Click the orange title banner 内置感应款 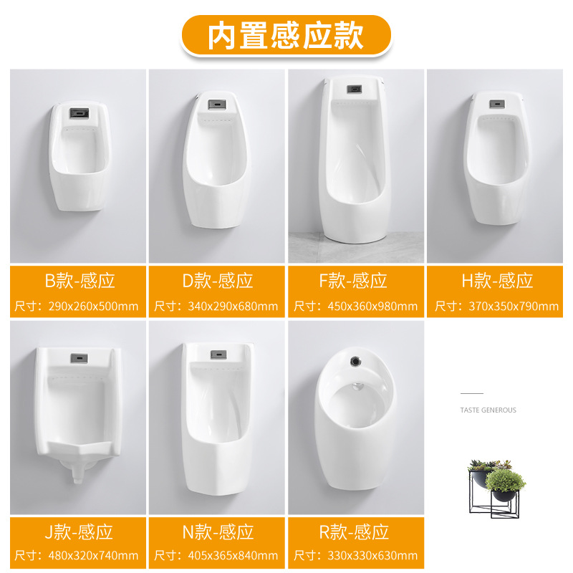[x=286, y=35]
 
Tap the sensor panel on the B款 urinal [x=80, y=113]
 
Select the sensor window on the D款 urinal [x=217, y=105]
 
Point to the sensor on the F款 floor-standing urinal [x=354, y=89]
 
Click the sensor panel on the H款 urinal [x=497, y=104]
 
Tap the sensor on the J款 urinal [x=79, y=358]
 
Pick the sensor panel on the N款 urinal [x=218, y=354]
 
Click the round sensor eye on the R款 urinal [x=355, y=362]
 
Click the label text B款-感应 [x=80, y=281]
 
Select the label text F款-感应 [x=353, y=281]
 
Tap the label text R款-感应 [x=354, y=531]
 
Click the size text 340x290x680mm [x=233, y=307]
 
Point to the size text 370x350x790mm [x=514, y=307]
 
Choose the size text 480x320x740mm [x=93, y=556]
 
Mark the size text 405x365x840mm [x=233, y=556]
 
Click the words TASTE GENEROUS [x=488, y=410]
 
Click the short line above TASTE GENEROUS [x=472, y=393]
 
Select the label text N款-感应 [x=218, y=531]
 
